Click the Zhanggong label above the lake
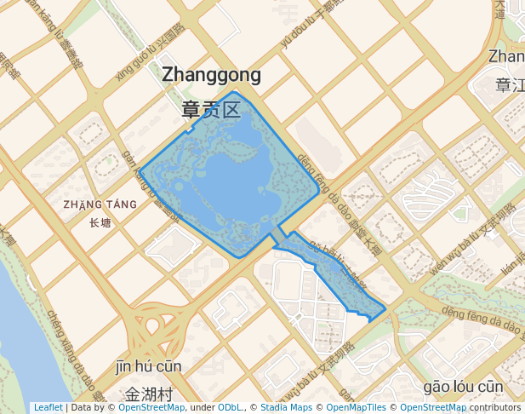tap(211, 75)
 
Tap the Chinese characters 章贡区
tap(211, 110)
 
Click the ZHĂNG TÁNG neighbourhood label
tap(100, 205)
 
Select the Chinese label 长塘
tap(100, 224)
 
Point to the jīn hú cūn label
tap(149, 367)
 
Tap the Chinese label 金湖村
tap(149, 394)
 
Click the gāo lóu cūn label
tap(463, 387)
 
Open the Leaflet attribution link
tap(48, 408)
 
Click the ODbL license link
tap(230, 408)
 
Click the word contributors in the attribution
tap(496, 408)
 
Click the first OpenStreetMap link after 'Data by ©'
tap(151, 408)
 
